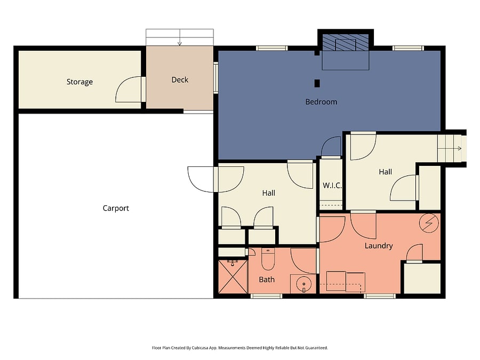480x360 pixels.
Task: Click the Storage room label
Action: pos(79,82)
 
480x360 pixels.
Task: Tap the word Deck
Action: pos(180,80)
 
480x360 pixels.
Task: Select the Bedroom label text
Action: pos(321,102)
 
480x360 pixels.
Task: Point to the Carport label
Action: pos(116,208)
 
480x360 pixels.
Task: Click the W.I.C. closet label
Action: pos(332,185)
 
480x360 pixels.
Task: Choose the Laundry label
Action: pos(379,246)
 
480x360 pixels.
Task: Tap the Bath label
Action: pos(267,279)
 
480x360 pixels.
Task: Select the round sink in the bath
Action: pos(303,284)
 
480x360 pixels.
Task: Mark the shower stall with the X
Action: pos(233,276)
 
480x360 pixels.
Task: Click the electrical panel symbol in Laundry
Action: pos(429,223)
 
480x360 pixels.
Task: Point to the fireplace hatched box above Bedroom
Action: pos(346,42)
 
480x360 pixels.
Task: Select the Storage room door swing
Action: pos(129,89)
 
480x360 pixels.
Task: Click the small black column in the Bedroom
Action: pos(317,83)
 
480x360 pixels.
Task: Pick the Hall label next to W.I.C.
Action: pos(386,172)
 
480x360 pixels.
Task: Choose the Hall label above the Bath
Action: pos(269,193)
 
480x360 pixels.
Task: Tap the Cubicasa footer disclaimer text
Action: pos(240,348)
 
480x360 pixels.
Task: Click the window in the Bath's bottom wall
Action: pos(266,296)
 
